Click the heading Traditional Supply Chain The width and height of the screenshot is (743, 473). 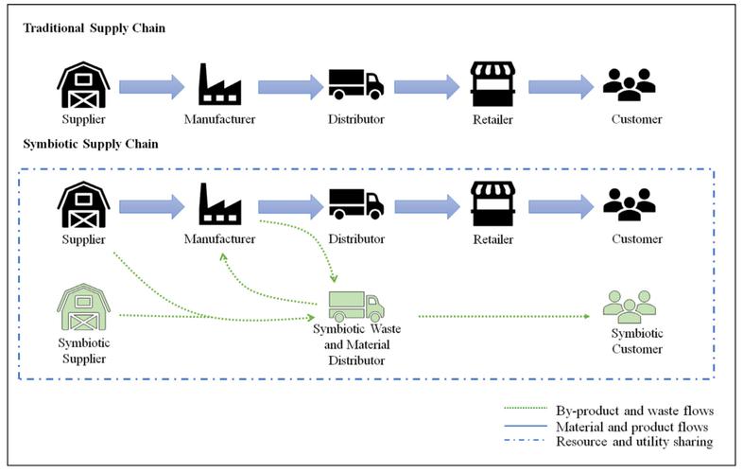pos(95,28)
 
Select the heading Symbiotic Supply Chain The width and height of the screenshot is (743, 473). pos(91,144)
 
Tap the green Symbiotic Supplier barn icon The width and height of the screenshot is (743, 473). pos(84,307)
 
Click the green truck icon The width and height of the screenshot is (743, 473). pos(356,307)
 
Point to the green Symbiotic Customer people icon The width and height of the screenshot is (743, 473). pos(630,307)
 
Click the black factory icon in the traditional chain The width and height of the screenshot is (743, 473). pos(220,84)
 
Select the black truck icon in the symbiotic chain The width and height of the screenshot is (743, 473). pos(356,204)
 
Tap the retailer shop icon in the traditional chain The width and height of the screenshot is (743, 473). pos(492,84)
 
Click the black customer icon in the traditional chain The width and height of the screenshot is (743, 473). pos(630,85)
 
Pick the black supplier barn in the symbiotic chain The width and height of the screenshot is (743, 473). pos(84,204)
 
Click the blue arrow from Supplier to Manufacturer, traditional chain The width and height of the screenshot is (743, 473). pos(151,87)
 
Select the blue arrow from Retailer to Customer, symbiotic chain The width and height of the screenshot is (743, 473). pos(562,207)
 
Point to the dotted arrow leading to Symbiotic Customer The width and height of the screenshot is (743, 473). pos(504,317)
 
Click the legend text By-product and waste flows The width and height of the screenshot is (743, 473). pos(634,411)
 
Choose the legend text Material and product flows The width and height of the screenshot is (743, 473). pos(631,427)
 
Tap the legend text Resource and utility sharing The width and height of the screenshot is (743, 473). pos(634,442)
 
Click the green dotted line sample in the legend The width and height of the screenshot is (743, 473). pos(526,408)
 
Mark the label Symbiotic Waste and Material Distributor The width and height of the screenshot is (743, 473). pos(356,345)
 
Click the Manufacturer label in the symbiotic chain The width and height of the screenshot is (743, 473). pos(220,238)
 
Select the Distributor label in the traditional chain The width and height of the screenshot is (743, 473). pos(356,119)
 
